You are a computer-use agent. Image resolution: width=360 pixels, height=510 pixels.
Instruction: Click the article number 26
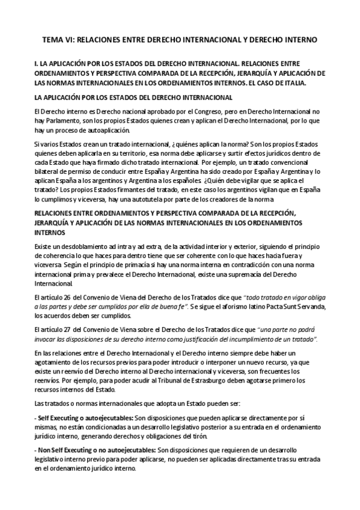(69, 280)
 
